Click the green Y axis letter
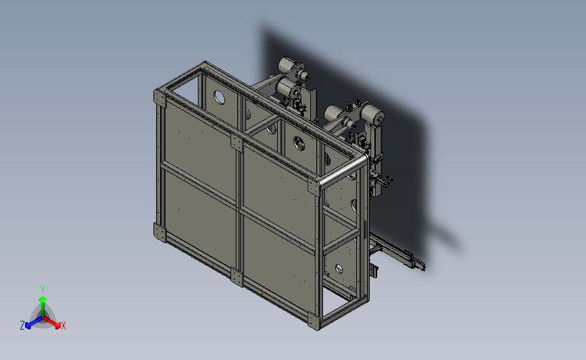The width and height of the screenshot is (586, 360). (x=42, y=290)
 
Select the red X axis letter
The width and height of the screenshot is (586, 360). (x=63, y=326)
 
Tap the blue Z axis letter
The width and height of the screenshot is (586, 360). (x=22, y=326)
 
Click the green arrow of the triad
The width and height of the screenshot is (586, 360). (x=43, y=306)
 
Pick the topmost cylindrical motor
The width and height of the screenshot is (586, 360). (x=287, y=65)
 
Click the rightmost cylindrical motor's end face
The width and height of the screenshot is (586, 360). (x=379, y=119)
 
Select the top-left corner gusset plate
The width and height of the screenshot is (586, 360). (x=160, y=97)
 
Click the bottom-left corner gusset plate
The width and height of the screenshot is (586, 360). (x=160, y=232)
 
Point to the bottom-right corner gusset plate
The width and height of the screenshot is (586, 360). (x=314, y=322)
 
